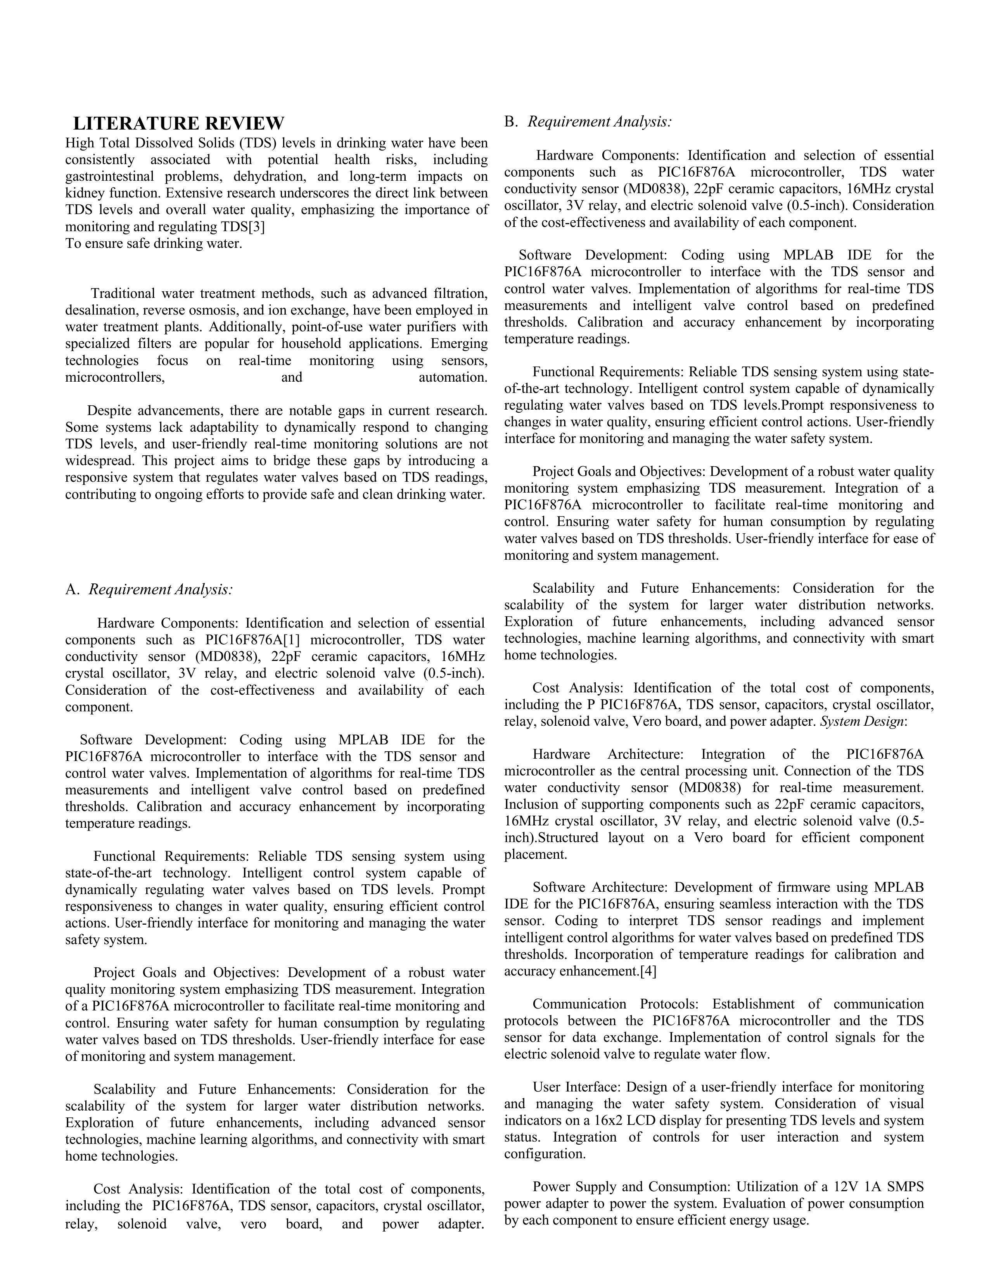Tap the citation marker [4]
(x=648, y=971)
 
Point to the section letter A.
(x=71, y=590)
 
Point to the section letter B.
(x=511, y=123)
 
